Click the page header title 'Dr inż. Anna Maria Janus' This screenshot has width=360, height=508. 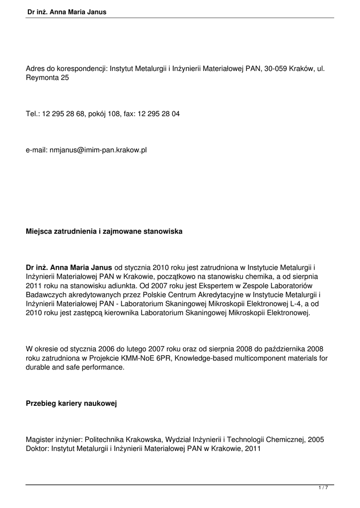coord(67,11)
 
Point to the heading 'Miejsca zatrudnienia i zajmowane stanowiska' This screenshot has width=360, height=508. coord(104,232)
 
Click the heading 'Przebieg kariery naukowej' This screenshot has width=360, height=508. coord(71,404)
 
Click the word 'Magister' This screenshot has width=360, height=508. coord(41,440)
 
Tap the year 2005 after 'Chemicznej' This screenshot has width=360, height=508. coord(316,440)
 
